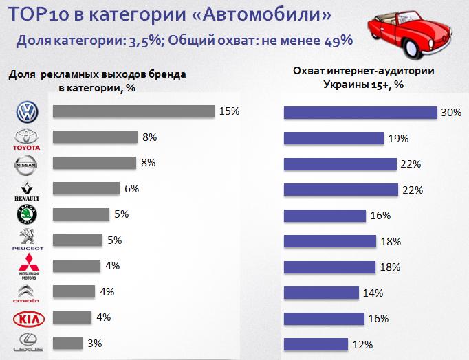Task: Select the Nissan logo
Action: click(28, 164)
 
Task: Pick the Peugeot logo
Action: click(28, 240)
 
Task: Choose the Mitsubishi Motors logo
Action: click(28, 266)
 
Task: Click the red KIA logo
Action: click(28, 318)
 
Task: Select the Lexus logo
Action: click(28, 343)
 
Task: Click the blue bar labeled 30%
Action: click(361, 113)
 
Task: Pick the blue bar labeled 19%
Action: click(334, 138)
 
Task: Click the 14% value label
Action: click(373, 293)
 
